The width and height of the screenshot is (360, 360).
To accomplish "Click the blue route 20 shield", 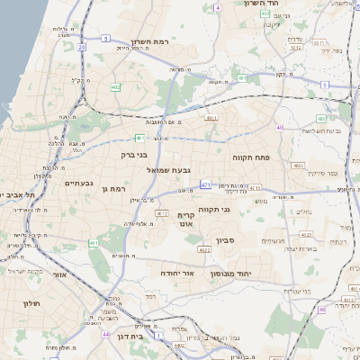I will (x=81, y=46).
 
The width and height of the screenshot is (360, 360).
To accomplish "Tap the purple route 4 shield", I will (x=219, y=7).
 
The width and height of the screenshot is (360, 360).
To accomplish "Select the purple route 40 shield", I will (x=280, y=128).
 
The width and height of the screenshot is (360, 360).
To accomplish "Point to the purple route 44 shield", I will (x=105, y=334).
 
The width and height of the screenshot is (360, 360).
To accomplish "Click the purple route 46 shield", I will (x=320, y=310).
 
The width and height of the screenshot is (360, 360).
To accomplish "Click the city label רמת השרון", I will (x=149, y=42).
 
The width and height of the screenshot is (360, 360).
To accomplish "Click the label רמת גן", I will (x=117, y=188).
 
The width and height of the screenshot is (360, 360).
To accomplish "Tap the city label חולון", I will (x=32, y=303).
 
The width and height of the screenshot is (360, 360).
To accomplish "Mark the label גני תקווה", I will (x=238, y=211).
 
